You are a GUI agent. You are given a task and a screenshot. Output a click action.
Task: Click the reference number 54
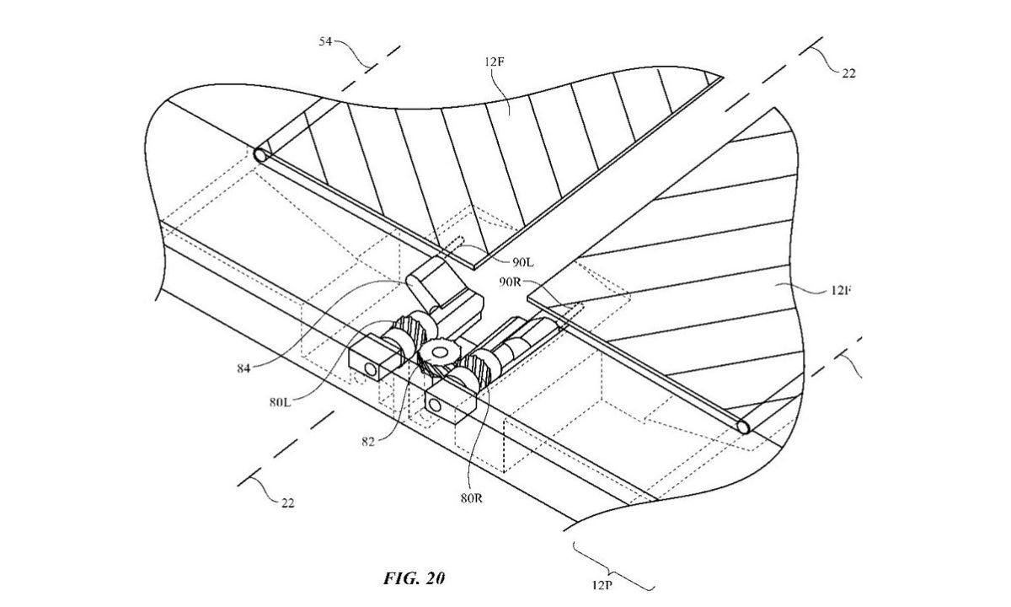pyautogui.click(x=330, y=40)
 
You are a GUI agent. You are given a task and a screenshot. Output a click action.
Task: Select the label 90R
pyautogui.click(x=514, y=281)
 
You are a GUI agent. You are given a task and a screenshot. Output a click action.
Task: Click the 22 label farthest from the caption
pyautogui.click(x=848, y=73)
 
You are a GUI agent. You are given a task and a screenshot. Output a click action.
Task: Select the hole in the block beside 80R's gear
pyautogui.click(x=434, y=406)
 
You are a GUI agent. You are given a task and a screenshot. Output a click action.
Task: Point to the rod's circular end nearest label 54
pyautogui.click(x=261, y=155)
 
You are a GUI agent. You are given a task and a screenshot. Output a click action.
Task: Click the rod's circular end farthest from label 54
pyautogui.click(x=743, y=427)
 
